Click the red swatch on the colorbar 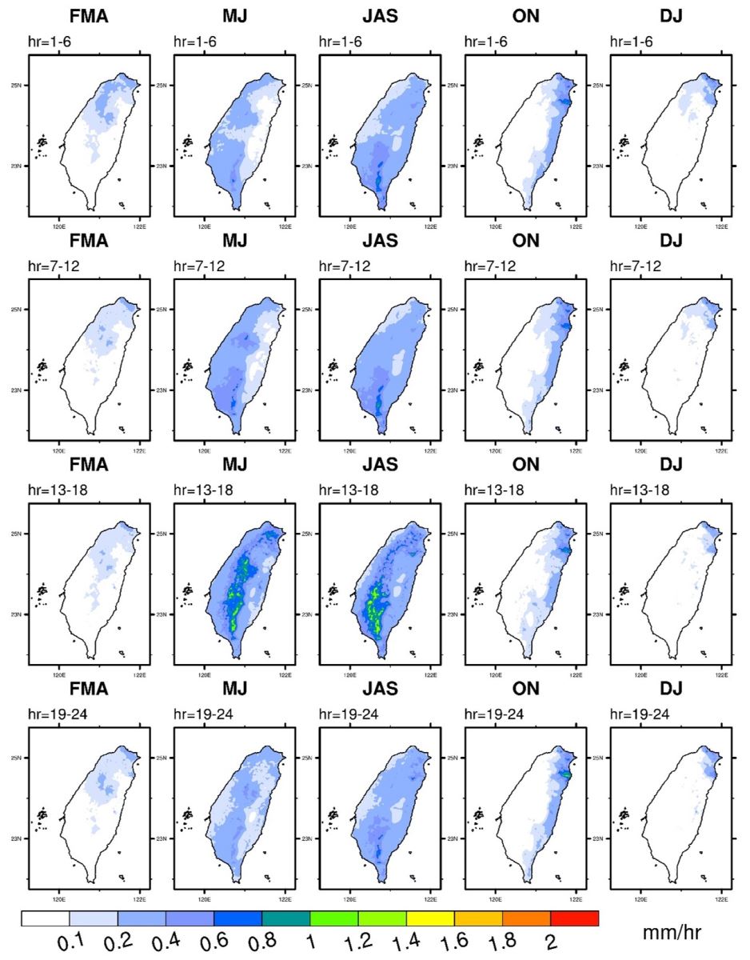(x=575, y=918)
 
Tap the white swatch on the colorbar (x=46, y=918)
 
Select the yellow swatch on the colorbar (x=430, y=918)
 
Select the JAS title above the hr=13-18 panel (x=378, y=464)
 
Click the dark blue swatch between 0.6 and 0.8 (x=237, y=918)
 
